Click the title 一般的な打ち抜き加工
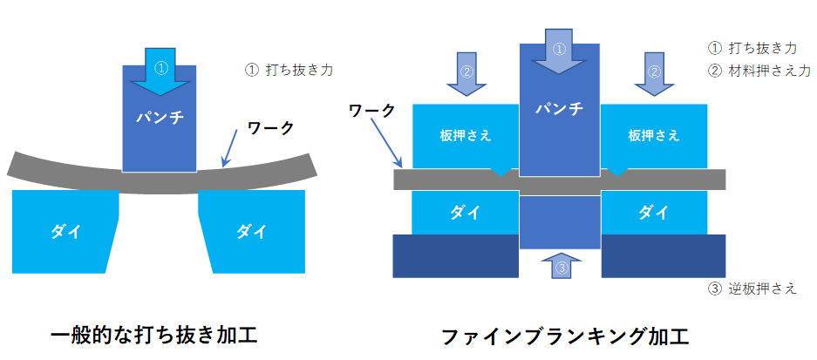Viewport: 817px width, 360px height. [154, 334]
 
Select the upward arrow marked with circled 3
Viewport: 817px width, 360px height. [561, 265]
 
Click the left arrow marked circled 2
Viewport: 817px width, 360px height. [467, 71]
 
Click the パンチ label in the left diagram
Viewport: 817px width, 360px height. [160, 116]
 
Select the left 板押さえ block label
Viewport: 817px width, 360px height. [466, 136]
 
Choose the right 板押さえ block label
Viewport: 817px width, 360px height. [654, 136]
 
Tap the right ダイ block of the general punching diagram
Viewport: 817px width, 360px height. [252, 231]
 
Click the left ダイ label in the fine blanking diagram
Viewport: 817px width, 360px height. [466, 213]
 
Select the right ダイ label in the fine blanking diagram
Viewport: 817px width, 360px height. [654, 213]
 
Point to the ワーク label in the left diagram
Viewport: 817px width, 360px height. [270, 127]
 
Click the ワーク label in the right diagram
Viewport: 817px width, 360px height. [371, 111]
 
